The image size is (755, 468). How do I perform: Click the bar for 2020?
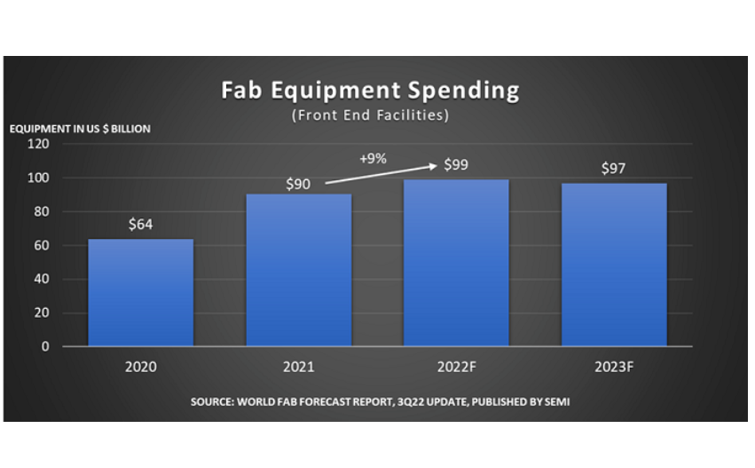point(140,292)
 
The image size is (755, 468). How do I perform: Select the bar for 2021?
point(299,270)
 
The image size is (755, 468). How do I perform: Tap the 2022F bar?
point(457,263)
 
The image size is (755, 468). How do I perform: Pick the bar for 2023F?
point(614,265)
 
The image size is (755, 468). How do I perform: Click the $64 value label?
point(140,225)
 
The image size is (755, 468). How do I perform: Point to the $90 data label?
point(299,185)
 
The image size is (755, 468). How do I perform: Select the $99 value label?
point(457,164)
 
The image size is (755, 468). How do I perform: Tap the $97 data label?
point(614,168)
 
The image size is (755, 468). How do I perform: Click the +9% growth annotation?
point(374,159)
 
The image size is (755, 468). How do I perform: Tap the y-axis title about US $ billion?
point(80,129)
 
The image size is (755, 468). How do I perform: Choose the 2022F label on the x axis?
point(457,365)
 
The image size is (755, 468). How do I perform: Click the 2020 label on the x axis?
point(140,365)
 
